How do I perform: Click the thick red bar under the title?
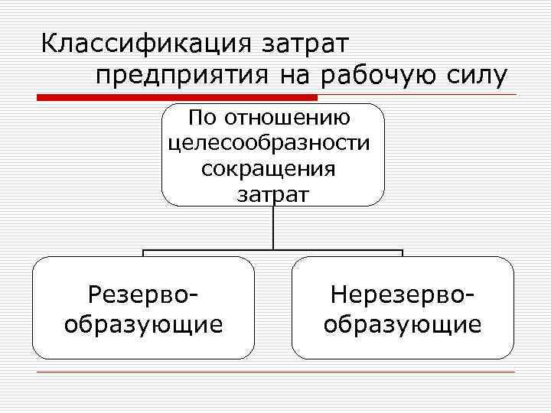point(177,97)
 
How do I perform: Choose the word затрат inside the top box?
point(272,193)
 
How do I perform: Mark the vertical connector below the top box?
point(273,228)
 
